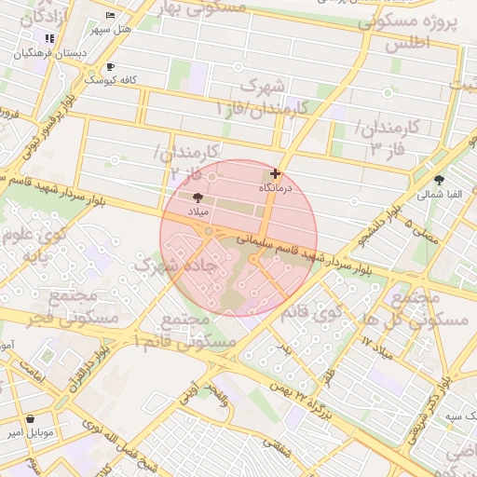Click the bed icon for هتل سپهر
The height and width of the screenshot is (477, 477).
pyautogui.click(x=111, y=16)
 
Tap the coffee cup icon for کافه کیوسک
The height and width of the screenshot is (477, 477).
pyautogui.click(x=110, y=66)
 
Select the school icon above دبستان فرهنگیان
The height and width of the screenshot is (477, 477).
pyautogui.click(x=48, y=38)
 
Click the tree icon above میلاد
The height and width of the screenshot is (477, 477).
pyautogui.click(x=198, y=197)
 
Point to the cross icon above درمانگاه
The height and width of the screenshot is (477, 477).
pyautogui.click(x=275, y=173)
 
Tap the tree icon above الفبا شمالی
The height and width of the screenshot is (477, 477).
pyautogui.click(x=439, y=180)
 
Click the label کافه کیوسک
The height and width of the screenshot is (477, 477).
pyautogui.click(x=111, y=80)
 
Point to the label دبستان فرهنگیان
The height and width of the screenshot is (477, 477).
pyautogui.click(x=49, y=53)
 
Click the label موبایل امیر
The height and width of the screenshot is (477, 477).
pyautogui.click(x=33, y=433)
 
